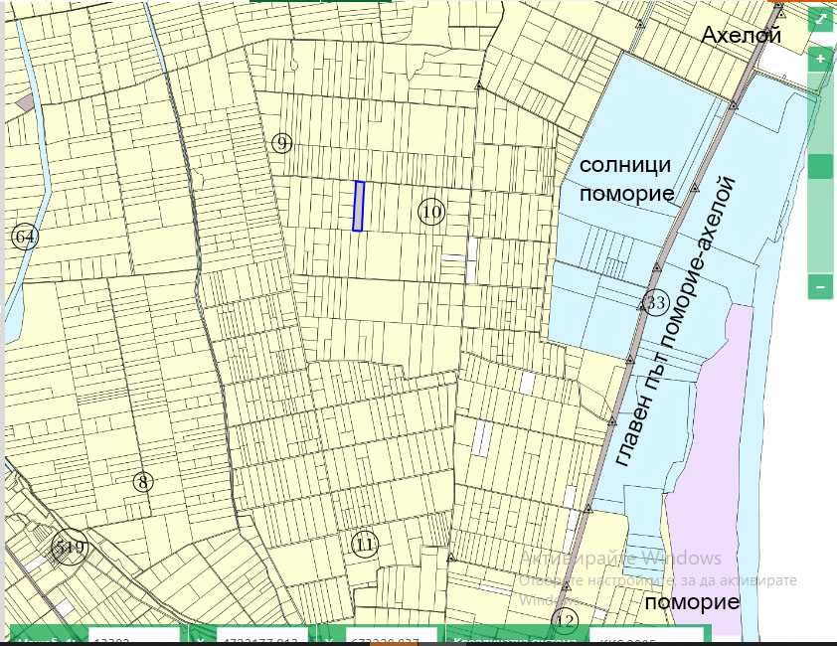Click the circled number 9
[281, 144]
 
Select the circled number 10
[430, 212]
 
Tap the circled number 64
[24, 237]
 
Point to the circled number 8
[143, 482]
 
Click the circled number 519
[69, 548]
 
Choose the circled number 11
[365, 544]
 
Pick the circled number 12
[565, 622]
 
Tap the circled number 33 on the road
[654, 303]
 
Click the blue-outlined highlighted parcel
[359, 206]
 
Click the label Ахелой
[741, 36]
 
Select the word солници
[625, 164]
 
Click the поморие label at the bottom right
[692, 602]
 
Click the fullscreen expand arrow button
[820, 20]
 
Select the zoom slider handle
[820, 166]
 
